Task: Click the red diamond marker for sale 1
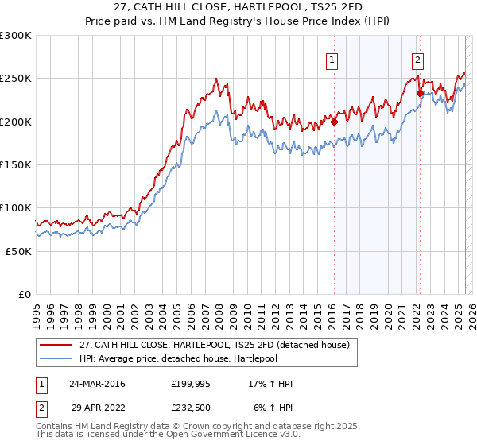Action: [334, 122]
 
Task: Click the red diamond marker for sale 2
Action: [420, 94]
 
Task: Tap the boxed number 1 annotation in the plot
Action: [331, 58]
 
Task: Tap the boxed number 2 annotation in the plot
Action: [417, 58]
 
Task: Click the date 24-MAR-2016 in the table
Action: [96, 384]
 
